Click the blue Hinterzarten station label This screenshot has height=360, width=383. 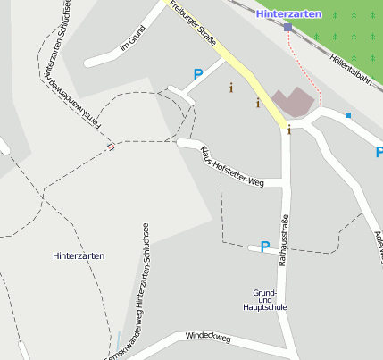[287, 14]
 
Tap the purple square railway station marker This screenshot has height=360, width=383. [287, 28]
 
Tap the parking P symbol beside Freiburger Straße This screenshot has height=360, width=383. [197, 76]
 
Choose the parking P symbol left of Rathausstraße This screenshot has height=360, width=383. [264, 247]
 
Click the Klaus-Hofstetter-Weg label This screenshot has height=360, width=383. [233, 165]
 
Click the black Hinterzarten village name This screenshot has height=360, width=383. [79, 255]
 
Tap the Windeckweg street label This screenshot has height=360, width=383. [208, 338]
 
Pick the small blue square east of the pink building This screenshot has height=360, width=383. [348, 115]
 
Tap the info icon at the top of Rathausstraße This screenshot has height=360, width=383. [288, 130]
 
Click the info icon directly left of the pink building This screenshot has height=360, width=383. [258, 103]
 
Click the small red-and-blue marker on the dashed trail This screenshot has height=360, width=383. [110, 147]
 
